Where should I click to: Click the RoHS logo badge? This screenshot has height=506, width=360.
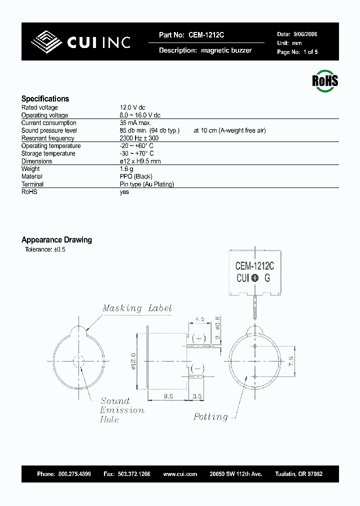click(325, 80)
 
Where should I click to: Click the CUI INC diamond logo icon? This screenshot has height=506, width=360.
click(47, 42)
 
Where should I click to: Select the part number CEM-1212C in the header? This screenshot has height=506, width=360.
click(206, 35)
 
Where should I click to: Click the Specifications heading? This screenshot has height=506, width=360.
click(45, 98)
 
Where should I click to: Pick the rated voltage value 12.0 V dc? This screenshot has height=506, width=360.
click(132, 107)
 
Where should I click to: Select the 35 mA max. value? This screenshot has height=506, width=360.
click(135, 123)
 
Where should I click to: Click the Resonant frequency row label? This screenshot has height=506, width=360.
click(47, 138)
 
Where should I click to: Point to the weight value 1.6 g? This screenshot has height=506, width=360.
click(127, 169)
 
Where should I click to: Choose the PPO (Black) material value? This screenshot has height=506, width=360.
click(136, 176)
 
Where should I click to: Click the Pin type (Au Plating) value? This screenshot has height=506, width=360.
click(147, 184)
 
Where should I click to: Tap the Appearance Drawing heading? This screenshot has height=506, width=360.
click(56, 240)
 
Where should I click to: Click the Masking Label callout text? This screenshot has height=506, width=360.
click(137, 308)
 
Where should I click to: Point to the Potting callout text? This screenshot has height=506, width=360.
click(210, 416)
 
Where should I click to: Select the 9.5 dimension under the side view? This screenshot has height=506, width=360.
click(168, 396)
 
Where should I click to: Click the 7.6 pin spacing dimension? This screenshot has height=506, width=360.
click(291, 361)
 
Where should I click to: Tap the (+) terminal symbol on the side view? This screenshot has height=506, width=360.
click(199, 338)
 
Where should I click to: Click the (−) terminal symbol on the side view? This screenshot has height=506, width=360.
click(199, 368)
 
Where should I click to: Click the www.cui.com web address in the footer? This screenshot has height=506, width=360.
click(180, 473)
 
